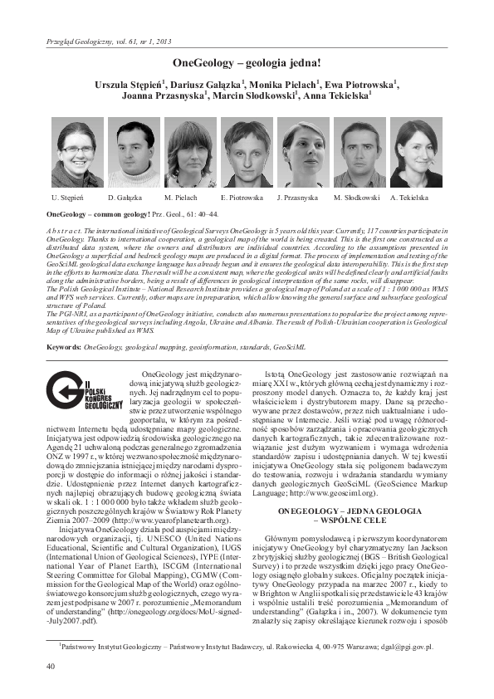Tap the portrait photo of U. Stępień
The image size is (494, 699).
(x=76, y=153)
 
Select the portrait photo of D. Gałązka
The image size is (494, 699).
(x=133, y=153)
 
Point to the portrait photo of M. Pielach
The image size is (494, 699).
(x=189, y=153)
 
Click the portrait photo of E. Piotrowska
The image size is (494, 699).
(x=246, y=153)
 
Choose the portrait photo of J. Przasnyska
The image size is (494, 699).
(x=302, y=153)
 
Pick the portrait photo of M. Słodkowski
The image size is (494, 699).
(x=359, y=153)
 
